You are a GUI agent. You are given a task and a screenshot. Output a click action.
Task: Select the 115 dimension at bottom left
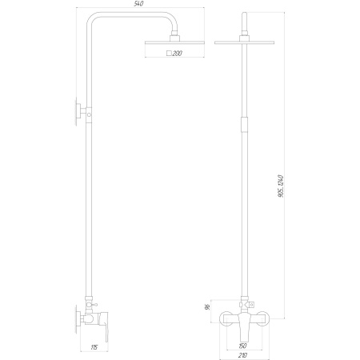pyautogui.click(x=94, y=346)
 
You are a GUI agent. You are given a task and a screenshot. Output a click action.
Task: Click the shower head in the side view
pyautogui.click(x=167, y=42)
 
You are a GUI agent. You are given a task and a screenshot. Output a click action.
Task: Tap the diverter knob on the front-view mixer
pyautogui.click(x=250, y=305)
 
